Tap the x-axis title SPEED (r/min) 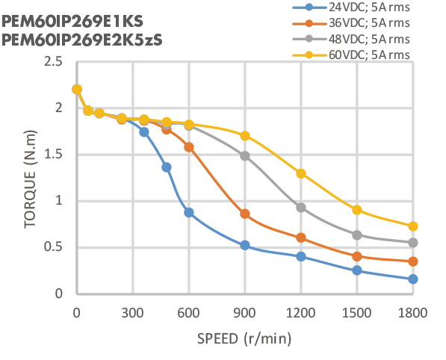(x=244, y=338)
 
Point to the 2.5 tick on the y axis (x=52, y=61)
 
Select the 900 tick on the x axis (x=245, y=311)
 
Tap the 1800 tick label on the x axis (x=412, y=311)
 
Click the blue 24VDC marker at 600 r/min (x=189, y=212)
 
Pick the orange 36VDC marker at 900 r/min (x=245, y=214)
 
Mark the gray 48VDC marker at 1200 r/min (x=301, y=207)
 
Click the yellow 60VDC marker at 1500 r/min (x=357, y=210)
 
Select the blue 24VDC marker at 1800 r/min (x=413, y=279)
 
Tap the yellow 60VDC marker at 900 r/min (x=245, y=135)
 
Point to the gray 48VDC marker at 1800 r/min (x=413, y=243)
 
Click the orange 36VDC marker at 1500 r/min (x=357, y=256)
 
